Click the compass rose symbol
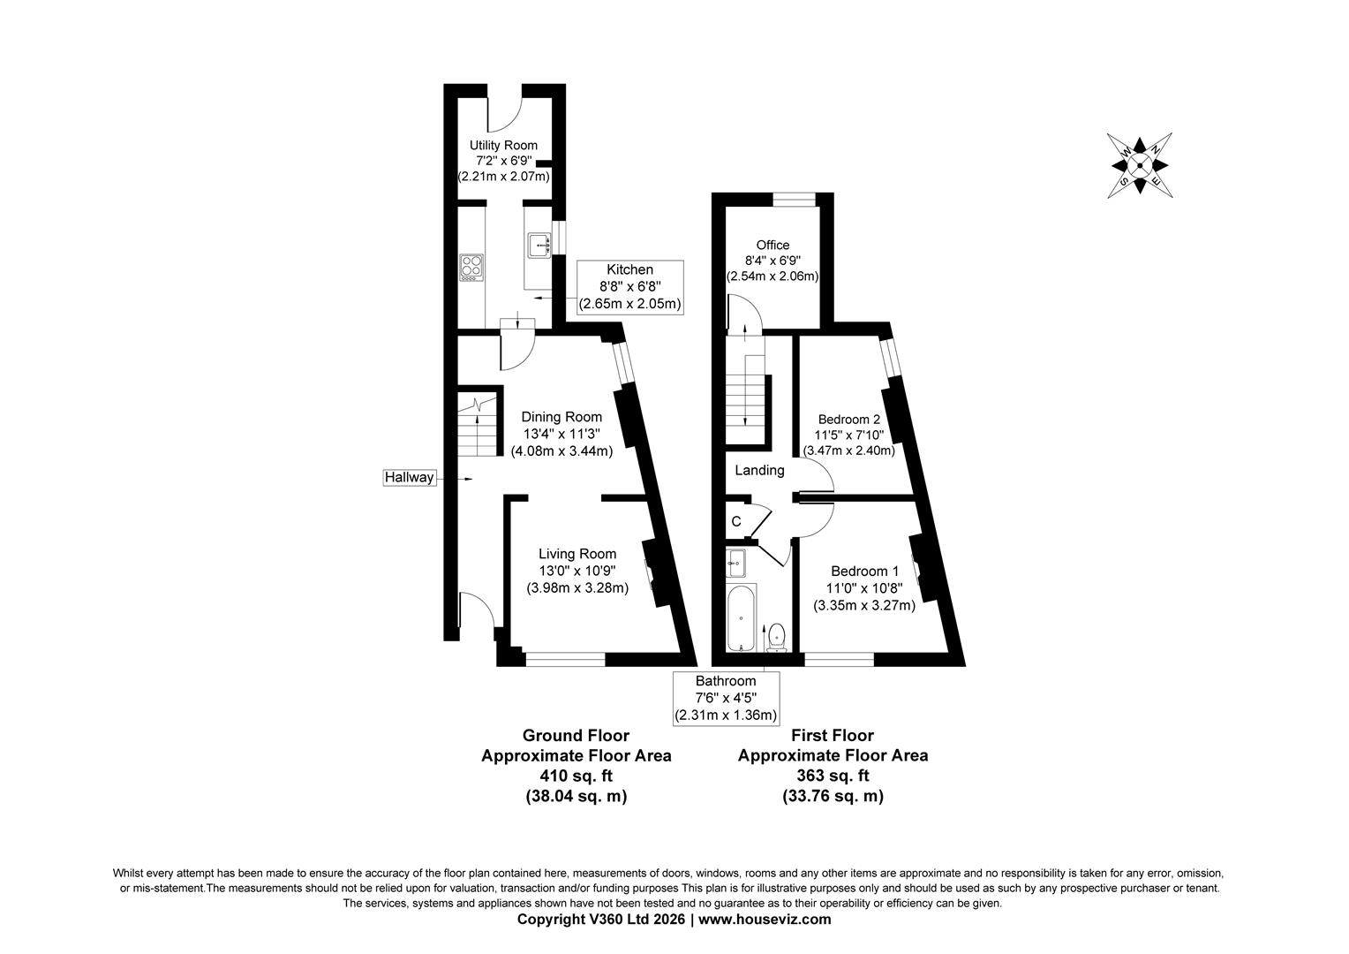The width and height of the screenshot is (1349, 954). [1139, 165]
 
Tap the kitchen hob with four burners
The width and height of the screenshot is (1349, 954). [471, 268]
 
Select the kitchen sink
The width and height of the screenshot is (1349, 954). [539, 245]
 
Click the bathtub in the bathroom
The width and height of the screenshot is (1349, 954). [741, 617]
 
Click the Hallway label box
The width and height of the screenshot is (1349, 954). [410, 478]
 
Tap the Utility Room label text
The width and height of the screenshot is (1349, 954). [503, 146]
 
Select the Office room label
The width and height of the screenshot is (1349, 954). [772, 245]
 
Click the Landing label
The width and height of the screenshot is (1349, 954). [759, 471]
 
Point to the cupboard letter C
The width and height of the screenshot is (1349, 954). [735, 522]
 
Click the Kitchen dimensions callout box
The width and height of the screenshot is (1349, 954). [629, 287]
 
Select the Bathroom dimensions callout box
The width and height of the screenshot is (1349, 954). [725, 698]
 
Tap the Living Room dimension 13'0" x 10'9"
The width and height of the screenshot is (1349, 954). [577, 571]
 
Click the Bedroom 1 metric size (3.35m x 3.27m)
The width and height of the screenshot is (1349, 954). [863, 606]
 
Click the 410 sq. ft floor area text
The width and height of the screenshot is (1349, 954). [576, 776]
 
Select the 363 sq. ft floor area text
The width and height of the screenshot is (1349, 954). [833, 776]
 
